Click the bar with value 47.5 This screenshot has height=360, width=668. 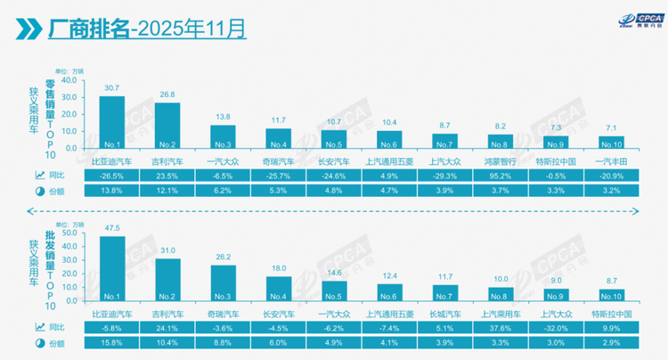111,268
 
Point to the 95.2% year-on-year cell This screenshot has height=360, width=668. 501,176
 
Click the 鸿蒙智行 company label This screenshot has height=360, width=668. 501,161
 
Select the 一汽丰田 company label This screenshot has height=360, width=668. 612,161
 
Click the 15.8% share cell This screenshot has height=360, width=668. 111,341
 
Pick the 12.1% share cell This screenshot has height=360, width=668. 167,190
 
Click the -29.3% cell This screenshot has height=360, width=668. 444,176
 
